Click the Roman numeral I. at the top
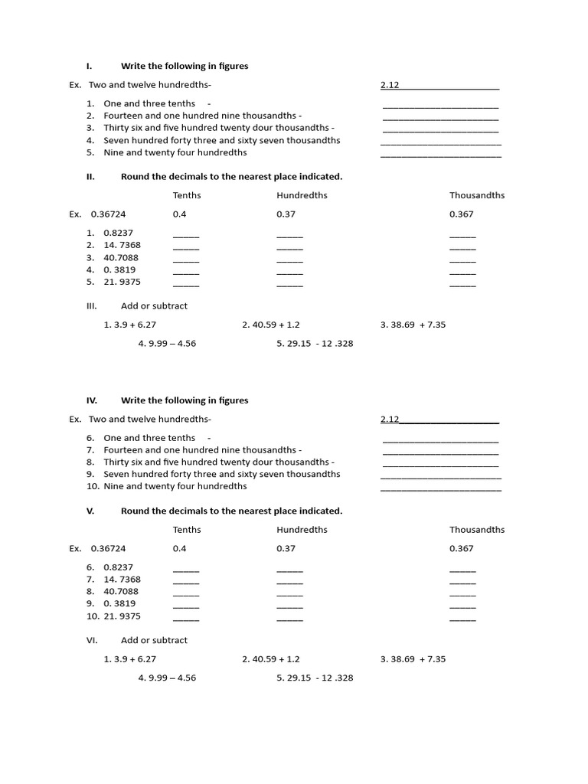[89, 67]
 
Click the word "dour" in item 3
[254, 128]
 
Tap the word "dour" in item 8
[254, 462]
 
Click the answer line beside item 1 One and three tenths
[440, 106]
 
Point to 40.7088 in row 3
[121, 257]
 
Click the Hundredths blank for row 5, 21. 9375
[289, 284]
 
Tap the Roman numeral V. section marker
[90, 511]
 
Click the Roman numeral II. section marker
[90, 177]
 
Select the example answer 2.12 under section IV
[390, 420]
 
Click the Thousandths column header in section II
[477, 195]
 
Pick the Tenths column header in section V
[187, 530]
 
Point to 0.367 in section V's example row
[461, 549]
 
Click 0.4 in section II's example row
[179, 214]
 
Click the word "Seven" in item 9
[116, 475]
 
